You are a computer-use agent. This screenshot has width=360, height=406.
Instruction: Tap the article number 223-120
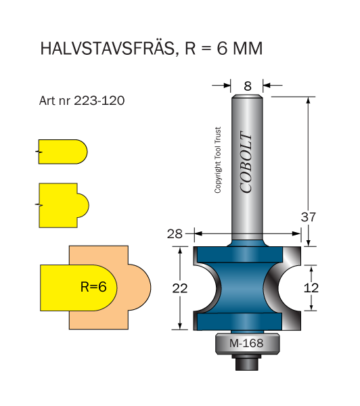point(99,100)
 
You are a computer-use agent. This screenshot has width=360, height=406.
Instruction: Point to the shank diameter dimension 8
point(248,86)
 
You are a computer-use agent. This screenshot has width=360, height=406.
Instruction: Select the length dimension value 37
point(308,217)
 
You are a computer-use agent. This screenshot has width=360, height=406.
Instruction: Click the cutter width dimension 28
point(175,234)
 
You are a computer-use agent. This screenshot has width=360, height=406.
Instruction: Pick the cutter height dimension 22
point(180,288)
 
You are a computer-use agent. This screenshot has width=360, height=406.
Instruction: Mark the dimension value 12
point(311,288)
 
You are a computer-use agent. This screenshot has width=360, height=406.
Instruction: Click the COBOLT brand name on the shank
point(246,162)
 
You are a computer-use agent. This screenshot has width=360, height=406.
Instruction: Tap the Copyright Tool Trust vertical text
point(217,160)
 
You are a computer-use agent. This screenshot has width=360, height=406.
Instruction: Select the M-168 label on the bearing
point(246,343)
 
